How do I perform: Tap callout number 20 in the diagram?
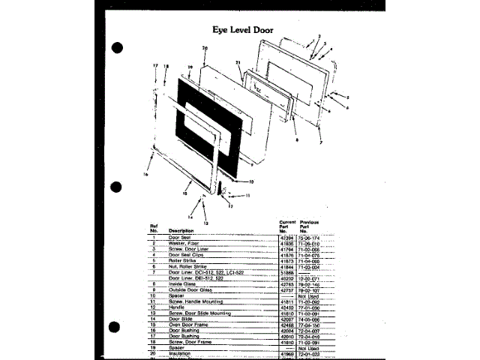click(x=204, y=48)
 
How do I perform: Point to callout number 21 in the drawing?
click(x=237, y=62)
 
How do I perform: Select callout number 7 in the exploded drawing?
click(x=320, y=142)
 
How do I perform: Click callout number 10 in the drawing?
click(x=251, y=181)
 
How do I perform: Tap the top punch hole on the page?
click(x=116, y=48)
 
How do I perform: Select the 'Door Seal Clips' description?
click(x=186, y=255)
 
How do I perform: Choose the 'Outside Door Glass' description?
click(x=190, y=290)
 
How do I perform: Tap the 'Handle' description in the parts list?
click(x=177, y=307)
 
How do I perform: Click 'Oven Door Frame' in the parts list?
click(x=186, y=325)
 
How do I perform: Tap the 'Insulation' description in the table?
click(x=180, y=352)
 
